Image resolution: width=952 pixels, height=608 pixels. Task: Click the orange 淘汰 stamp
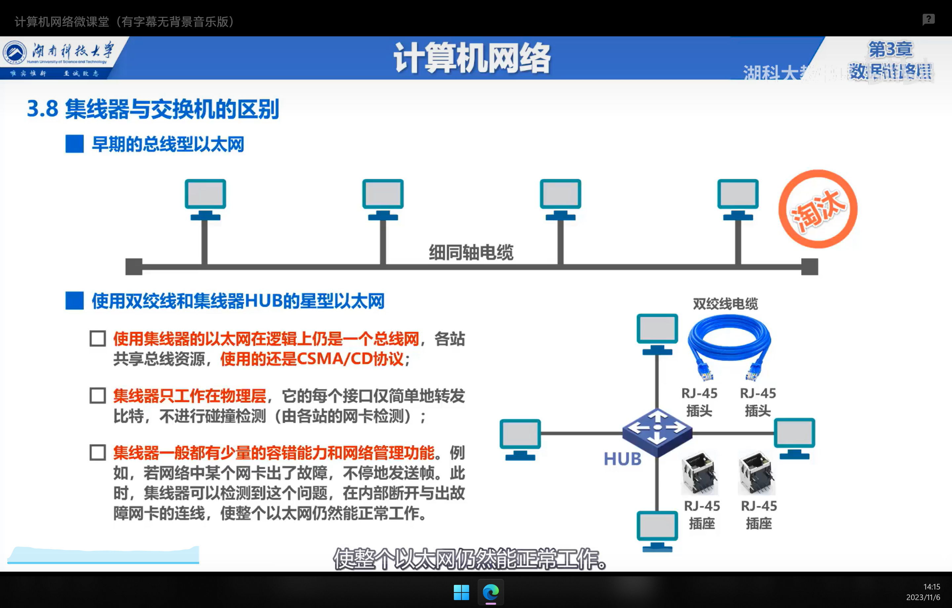click(817, 209)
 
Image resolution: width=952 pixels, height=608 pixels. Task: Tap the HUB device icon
click(657, 432)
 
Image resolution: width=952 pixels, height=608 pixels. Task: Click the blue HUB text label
click(622, 459)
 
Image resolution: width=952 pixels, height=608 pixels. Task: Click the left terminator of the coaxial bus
click(134, 266)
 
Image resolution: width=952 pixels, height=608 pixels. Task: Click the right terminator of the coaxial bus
click(809, 266)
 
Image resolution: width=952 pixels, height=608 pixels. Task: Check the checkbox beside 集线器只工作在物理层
click(98, 395)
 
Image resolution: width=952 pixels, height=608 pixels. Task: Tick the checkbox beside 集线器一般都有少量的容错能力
click(98, 452)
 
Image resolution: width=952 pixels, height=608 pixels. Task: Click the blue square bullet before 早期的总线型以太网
click(74, 144)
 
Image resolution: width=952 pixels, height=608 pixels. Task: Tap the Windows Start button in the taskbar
click(461, 592)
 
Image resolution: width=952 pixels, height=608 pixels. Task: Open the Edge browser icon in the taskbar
click(491, 592)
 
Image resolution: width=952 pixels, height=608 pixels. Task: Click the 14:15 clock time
click(932, 587)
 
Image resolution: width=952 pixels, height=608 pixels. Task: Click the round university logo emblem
click(15, 52)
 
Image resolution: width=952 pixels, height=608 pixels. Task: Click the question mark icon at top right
click(928, 19)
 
